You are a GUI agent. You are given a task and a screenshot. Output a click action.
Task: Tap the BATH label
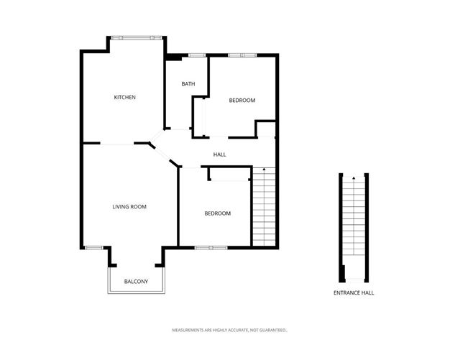[188, 84]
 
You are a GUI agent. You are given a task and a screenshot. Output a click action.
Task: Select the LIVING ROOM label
[129, 207]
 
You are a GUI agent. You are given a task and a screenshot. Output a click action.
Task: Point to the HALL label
[220, 154]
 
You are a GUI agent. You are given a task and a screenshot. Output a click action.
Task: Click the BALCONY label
[136, 281]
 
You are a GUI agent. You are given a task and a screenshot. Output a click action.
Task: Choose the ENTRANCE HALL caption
[354, 293]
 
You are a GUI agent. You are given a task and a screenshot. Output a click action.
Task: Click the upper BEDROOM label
[242, 101]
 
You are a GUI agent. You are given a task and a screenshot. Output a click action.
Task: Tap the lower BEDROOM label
[217, 213]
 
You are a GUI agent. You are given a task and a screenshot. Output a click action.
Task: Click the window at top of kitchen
[137, 37]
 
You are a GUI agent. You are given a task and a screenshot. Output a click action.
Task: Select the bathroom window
[196, 55]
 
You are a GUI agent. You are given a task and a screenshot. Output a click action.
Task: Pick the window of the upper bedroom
[242, 55]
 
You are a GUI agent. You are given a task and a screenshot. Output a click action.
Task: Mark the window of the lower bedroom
[211, 248]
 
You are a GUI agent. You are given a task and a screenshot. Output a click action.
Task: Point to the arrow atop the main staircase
[265, 169]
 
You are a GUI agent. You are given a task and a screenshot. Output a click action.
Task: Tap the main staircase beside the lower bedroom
[264, 208]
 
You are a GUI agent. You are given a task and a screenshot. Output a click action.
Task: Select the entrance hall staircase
[354, 223]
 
